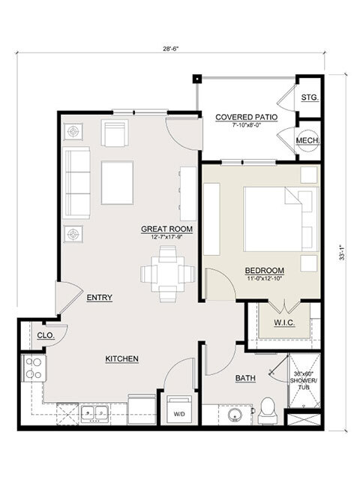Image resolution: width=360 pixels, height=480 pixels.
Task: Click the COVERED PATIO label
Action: click(x=247, y=117)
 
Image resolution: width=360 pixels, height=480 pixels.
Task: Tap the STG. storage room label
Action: click(x=310, y=97)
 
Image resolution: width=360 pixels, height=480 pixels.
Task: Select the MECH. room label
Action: click(x=308, y=141)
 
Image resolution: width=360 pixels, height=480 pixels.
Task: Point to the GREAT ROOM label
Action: click(x=166, y=229)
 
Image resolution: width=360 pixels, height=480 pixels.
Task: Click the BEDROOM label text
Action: click(x=265, y=271)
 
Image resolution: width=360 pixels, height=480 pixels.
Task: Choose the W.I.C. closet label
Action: click(x=284, y=322)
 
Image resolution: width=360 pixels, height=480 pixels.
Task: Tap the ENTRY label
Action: click(x=100, y=298)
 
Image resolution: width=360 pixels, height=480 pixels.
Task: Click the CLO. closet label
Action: click(x=46, y=335)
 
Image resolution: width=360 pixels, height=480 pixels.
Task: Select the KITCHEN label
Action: click(x=121, y=358)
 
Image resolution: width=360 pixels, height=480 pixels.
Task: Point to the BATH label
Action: click(x=245, y=378)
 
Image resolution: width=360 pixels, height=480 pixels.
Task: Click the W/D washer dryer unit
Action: click(x=179, y=409)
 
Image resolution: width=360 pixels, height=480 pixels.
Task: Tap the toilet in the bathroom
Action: click(x=267, y=411)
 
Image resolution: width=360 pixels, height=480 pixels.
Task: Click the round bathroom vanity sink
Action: click(x=235, y=415)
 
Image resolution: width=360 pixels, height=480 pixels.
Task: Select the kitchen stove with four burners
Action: click(x=33, y=368)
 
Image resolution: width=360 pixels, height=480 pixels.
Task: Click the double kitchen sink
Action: click(x=94, y=413)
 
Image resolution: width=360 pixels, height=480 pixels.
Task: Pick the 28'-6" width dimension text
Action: click(x=170, y=48)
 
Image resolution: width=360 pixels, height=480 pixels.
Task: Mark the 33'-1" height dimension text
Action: click(x=342, y=253)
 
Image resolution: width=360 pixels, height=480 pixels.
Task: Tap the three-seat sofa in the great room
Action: click(x=76, y=183)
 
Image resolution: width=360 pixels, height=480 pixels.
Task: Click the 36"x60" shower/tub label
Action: click(x=304, y=380)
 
